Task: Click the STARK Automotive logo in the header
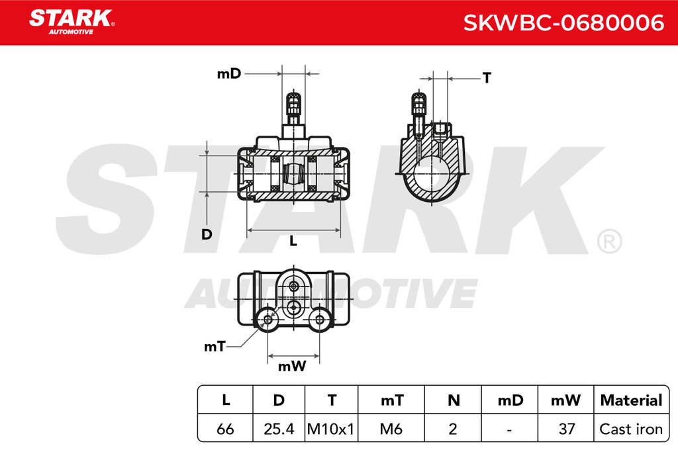tap(72, 22)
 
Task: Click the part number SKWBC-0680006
tap(563, 23)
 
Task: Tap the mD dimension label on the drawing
tap(228, 74)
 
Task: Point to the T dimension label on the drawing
tap(487, 78)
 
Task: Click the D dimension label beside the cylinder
tap(207, 234)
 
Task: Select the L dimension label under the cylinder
tap(293, 241)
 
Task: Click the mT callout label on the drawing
tap(215, 347)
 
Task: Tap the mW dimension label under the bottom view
tap(292, 367)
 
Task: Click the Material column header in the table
tap(631, 400)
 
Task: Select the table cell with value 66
tap(225, 429)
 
